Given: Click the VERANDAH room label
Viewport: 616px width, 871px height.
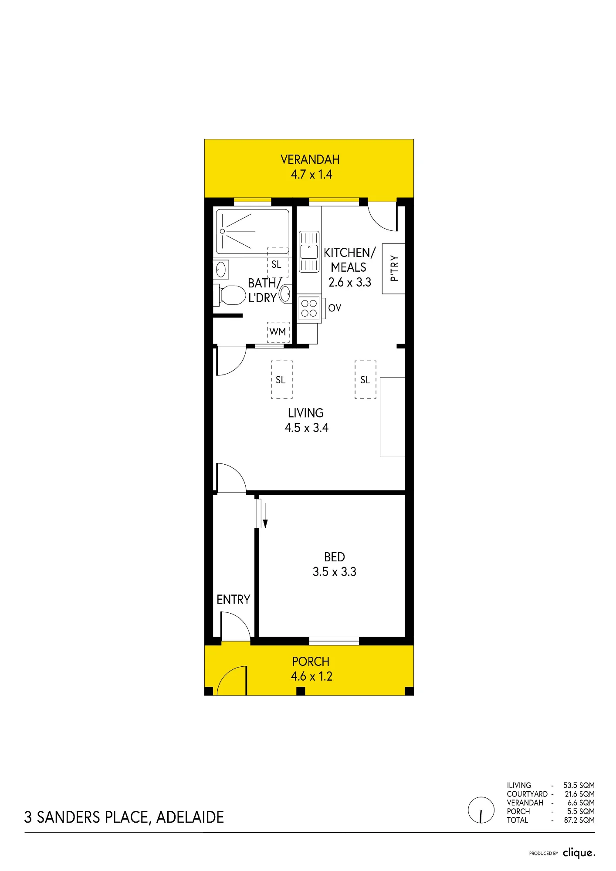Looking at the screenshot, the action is (x=310, y=159).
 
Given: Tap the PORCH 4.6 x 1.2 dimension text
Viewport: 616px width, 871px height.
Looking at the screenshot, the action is (x=311, y=676).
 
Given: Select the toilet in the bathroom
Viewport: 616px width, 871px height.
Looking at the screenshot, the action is (x=230, y=295).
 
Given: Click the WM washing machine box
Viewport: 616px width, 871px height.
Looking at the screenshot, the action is (x=278, y=332).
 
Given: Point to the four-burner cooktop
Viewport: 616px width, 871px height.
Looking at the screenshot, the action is (x=309, y=308).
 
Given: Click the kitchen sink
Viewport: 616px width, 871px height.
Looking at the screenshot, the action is (x=309, y=252).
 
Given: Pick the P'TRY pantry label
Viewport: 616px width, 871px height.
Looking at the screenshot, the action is (x=394, y=268).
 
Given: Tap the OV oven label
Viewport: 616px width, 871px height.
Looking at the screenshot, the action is (x=335, y=308).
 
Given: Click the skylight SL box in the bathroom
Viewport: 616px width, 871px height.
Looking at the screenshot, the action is (x=278, y=262).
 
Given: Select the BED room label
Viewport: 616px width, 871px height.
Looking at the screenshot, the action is (x=335, y=557).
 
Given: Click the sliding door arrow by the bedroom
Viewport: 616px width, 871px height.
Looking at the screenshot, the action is (x=265, y=515).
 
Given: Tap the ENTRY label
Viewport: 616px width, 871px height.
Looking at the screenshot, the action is (x=234, y=600).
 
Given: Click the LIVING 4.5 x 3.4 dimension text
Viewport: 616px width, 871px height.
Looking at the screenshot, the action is (x=307, y=428).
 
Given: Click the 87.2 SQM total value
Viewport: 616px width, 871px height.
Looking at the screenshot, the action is (x=579, y=820).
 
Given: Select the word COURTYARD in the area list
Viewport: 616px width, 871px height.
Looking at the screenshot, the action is (x=527, y=794).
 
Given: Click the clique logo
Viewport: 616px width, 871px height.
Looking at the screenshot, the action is (x=579, y=853).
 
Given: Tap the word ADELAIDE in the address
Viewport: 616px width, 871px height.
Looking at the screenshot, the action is (x=190, y=817).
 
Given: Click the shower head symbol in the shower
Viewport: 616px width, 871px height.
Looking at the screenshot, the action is (x=222, y=231).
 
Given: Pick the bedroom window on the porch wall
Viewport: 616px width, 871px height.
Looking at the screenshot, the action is (x=334, y=641).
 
